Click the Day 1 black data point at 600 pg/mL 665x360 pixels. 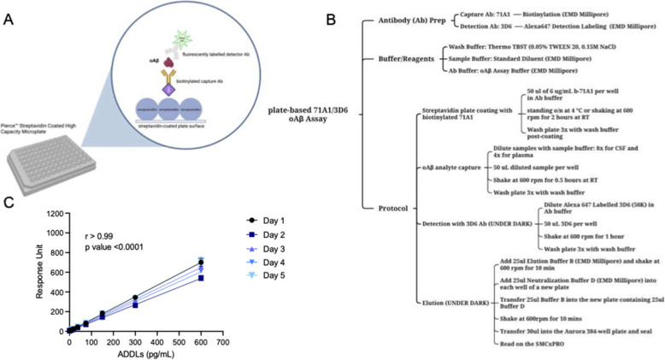[x=202, y=263]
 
